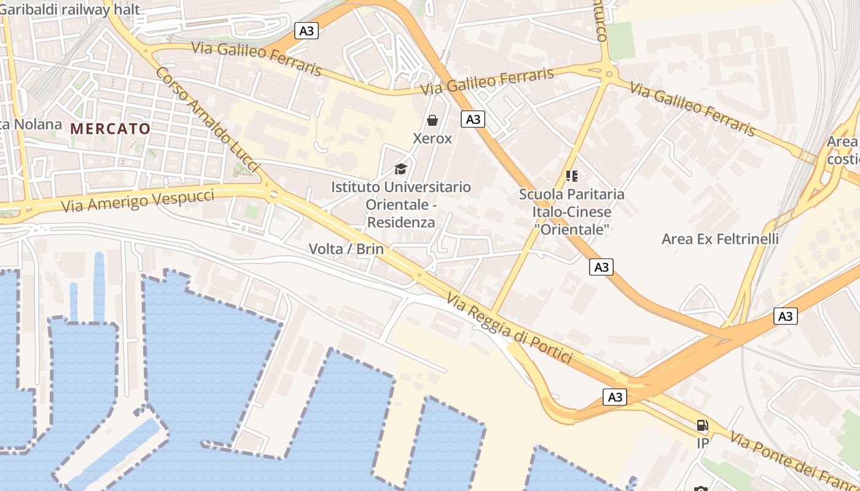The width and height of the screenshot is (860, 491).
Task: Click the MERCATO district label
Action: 111,129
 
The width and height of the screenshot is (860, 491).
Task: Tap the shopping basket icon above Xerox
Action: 432,120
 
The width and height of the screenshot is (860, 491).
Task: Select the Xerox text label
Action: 432,139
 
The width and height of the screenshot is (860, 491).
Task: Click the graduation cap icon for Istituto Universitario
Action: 401,169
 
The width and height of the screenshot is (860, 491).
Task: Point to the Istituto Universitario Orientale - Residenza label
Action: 401,204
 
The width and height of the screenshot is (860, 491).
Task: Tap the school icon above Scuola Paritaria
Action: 572,176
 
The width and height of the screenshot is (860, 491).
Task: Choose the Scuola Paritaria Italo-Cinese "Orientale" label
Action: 572,212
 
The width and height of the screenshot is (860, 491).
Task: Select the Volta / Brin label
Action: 346,249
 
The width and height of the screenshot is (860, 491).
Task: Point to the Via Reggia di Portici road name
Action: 509,328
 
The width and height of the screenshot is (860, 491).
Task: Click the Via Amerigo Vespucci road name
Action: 138,201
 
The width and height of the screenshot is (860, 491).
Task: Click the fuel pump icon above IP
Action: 702,425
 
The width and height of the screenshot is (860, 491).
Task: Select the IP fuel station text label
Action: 703,443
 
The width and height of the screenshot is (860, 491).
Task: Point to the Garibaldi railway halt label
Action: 70,9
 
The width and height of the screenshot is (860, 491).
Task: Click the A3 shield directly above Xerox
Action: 472,119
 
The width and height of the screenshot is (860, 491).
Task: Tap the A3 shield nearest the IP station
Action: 615,397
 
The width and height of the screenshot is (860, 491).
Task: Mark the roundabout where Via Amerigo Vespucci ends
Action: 273,195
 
